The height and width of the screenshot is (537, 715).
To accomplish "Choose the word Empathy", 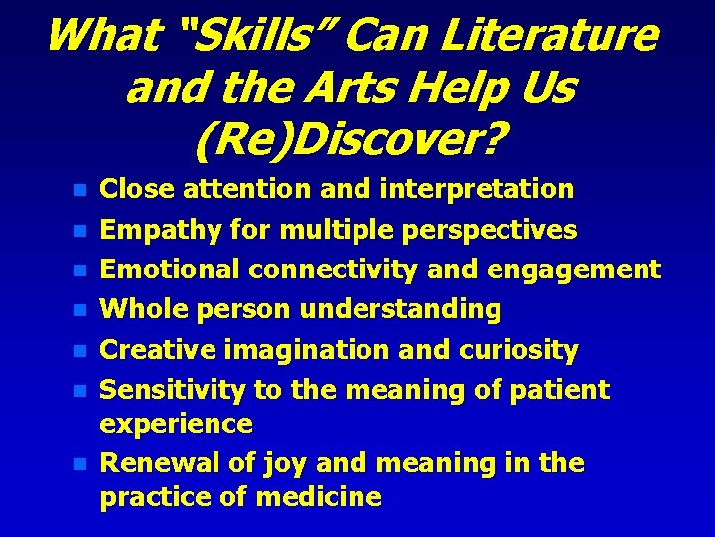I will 161,230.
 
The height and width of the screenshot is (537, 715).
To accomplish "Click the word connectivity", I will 353,269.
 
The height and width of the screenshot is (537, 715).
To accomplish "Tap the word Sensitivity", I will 174,390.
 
